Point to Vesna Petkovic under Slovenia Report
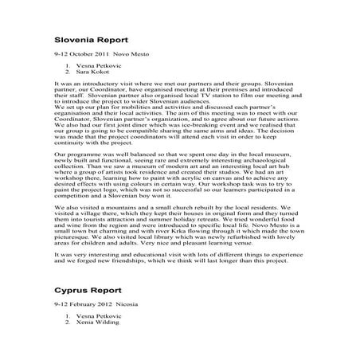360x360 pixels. click(x=99, y=64)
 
